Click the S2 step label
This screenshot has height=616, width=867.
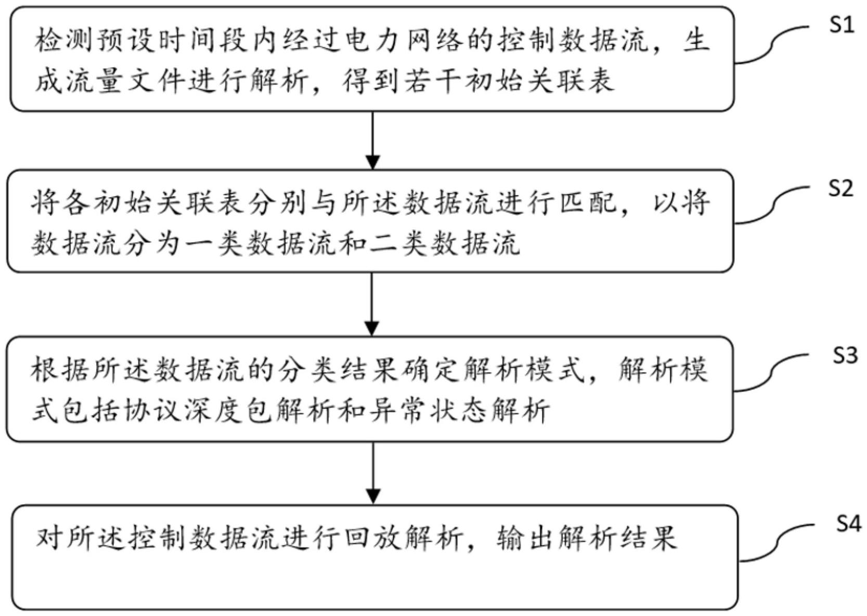840,188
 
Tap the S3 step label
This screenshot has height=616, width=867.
845,356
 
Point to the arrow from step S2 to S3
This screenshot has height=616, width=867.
372,304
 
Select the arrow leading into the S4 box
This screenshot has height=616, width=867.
373,472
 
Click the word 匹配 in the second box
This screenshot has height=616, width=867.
588,202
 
